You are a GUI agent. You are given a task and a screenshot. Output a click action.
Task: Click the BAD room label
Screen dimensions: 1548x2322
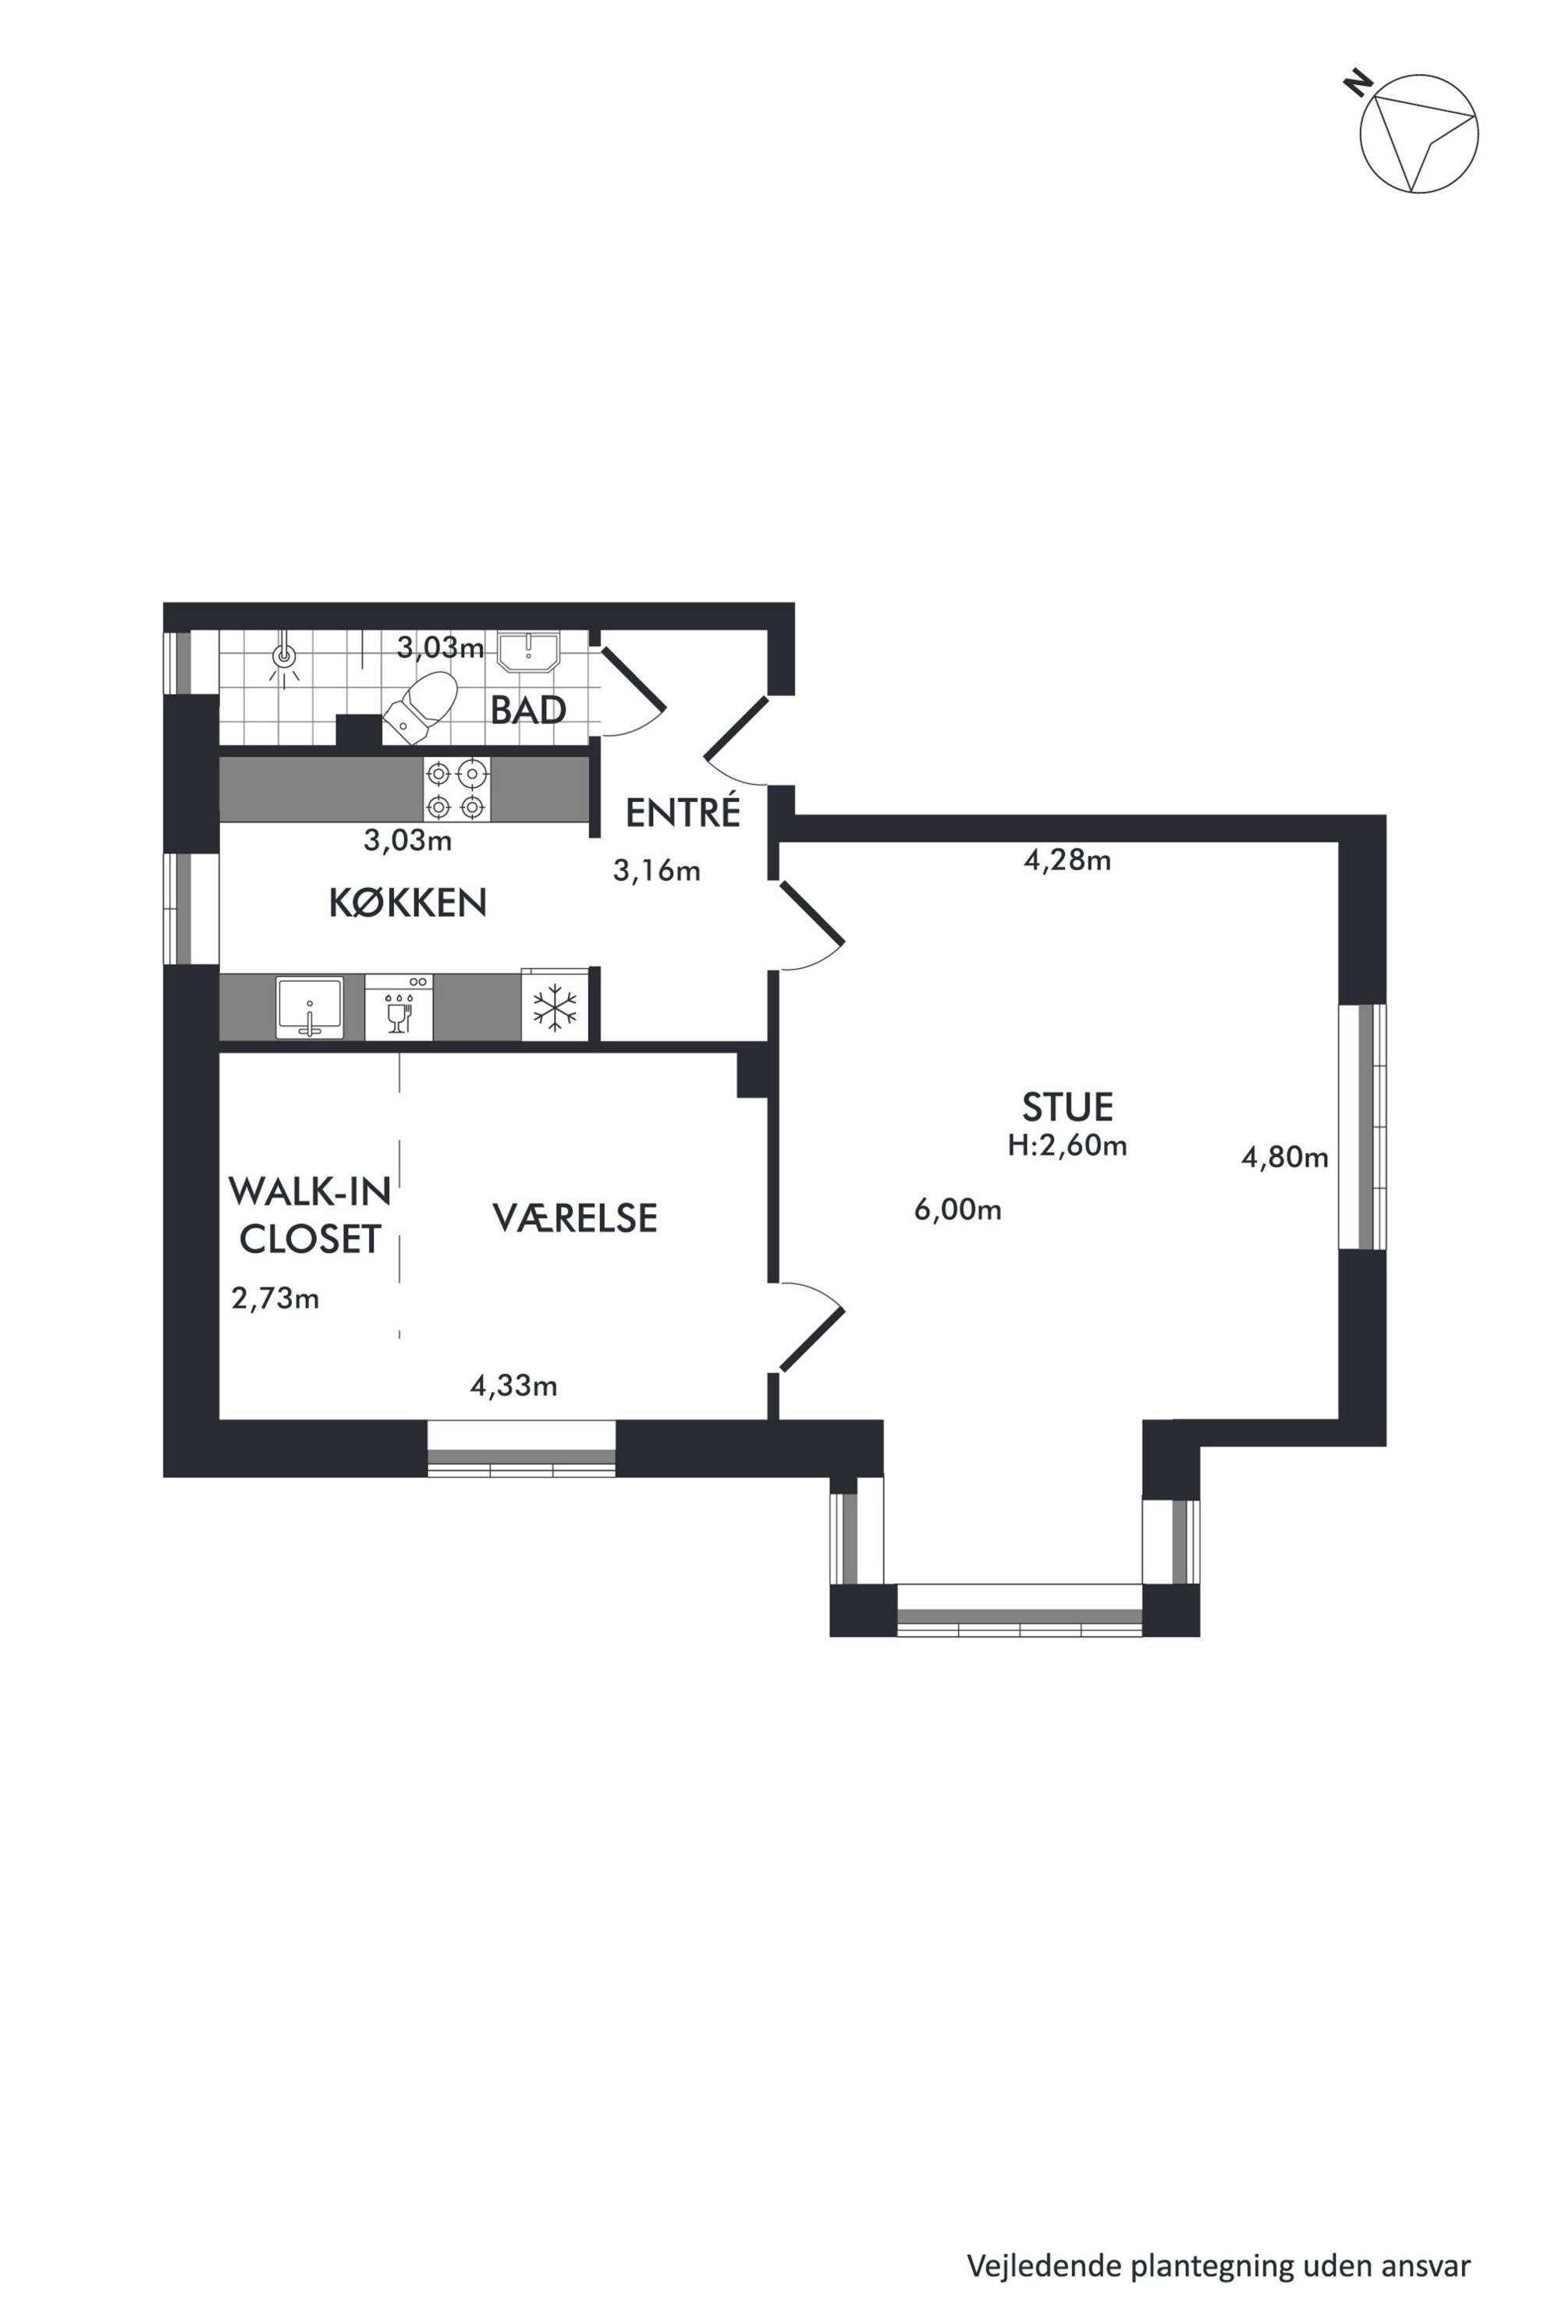pyautogui.click(x=528, y=710)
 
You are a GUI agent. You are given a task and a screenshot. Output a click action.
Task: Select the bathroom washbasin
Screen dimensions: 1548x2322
pyautogui.click(x=528, y=652)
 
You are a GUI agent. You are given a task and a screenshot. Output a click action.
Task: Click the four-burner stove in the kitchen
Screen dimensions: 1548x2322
pyautogui.click(x=457, y=790)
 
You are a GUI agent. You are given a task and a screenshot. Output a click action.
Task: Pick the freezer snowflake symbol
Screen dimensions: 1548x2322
pyautogui.click(x=555, y=1008)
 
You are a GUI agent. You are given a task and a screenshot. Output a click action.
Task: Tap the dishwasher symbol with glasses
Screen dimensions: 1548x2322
pyautogui.click(x=399, y=1007)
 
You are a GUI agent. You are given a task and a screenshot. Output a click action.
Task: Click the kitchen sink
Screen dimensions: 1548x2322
pyautogui.click(x=310, y=1007)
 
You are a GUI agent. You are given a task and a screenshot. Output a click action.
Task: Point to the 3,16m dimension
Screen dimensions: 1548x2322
pyautogui.click(x=656, y=871)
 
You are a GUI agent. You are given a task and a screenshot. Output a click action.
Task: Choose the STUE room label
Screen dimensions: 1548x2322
pyautogui.click(x=1067, y=1108)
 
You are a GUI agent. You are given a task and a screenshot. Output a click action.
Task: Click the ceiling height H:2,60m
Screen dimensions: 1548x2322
pyautogui.click(x=1067, y=1145)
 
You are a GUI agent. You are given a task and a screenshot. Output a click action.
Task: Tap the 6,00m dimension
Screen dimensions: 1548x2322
pyautogui.click(x=957, y=1209)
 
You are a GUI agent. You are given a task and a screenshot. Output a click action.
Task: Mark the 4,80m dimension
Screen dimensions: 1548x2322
pyautogui.click(x=1284, y=1157)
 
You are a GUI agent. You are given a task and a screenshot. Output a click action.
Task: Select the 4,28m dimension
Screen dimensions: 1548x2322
pyautogui.click(x=1067, y=861)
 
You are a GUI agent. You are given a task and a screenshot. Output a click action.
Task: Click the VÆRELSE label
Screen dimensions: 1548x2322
pyautogui.click(x=574, y=1218)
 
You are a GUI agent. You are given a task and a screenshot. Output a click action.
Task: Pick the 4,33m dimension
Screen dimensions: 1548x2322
pyautogui.click(x=513, y=1386)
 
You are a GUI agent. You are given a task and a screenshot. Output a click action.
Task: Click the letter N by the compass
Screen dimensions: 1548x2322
pyautogui.click(x=1359, y=82)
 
